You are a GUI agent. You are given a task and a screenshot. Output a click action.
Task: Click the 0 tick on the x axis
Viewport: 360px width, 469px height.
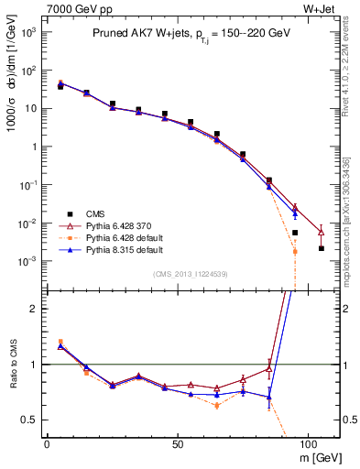click(47, 442)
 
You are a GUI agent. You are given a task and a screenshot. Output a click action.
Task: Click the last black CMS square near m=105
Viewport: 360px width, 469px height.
click(322, 248)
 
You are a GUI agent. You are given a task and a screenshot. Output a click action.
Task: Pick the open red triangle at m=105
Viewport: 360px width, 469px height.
click(322, 232)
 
